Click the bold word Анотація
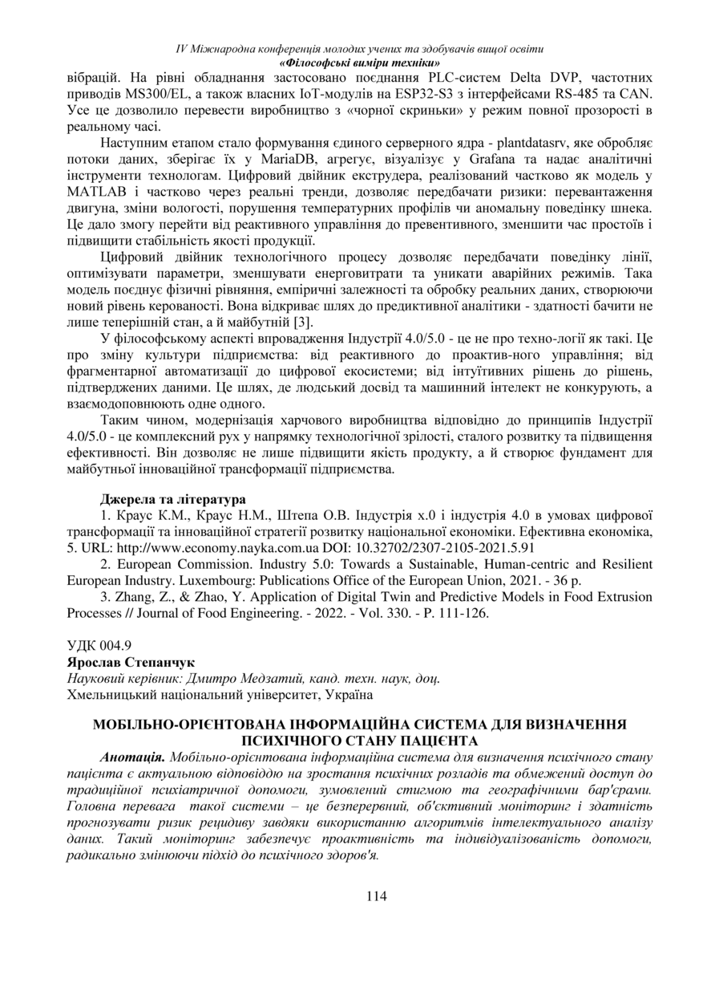133,757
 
